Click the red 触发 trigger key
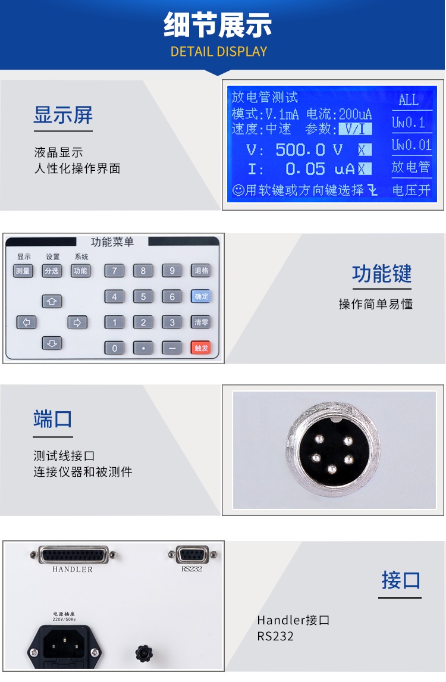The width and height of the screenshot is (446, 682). [x=201, y=348]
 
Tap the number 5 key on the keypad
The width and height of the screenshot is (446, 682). [x=143, y=296]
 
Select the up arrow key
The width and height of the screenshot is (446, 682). [x=52, y=301]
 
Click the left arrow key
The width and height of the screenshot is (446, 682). [x=26, y=323]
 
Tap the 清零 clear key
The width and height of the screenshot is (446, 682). [x=201, y=323]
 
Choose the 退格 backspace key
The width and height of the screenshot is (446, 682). [x=201, y=270]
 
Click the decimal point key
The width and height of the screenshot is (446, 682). [x=143, y=348]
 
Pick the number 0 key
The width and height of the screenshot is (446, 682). [x=115, y=348]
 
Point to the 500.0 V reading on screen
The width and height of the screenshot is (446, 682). [x=309, y=149]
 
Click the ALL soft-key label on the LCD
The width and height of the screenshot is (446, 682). [x=409, y=100]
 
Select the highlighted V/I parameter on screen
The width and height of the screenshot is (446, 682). [x=355, y=129]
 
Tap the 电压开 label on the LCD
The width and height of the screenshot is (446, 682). [x=411, y=190]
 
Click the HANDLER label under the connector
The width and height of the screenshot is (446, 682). [x=73, y=570]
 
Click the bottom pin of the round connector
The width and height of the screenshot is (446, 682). [x=332, y=469]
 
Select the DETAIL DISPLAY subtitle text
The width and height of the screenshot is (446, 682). [x=219, y=51]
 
